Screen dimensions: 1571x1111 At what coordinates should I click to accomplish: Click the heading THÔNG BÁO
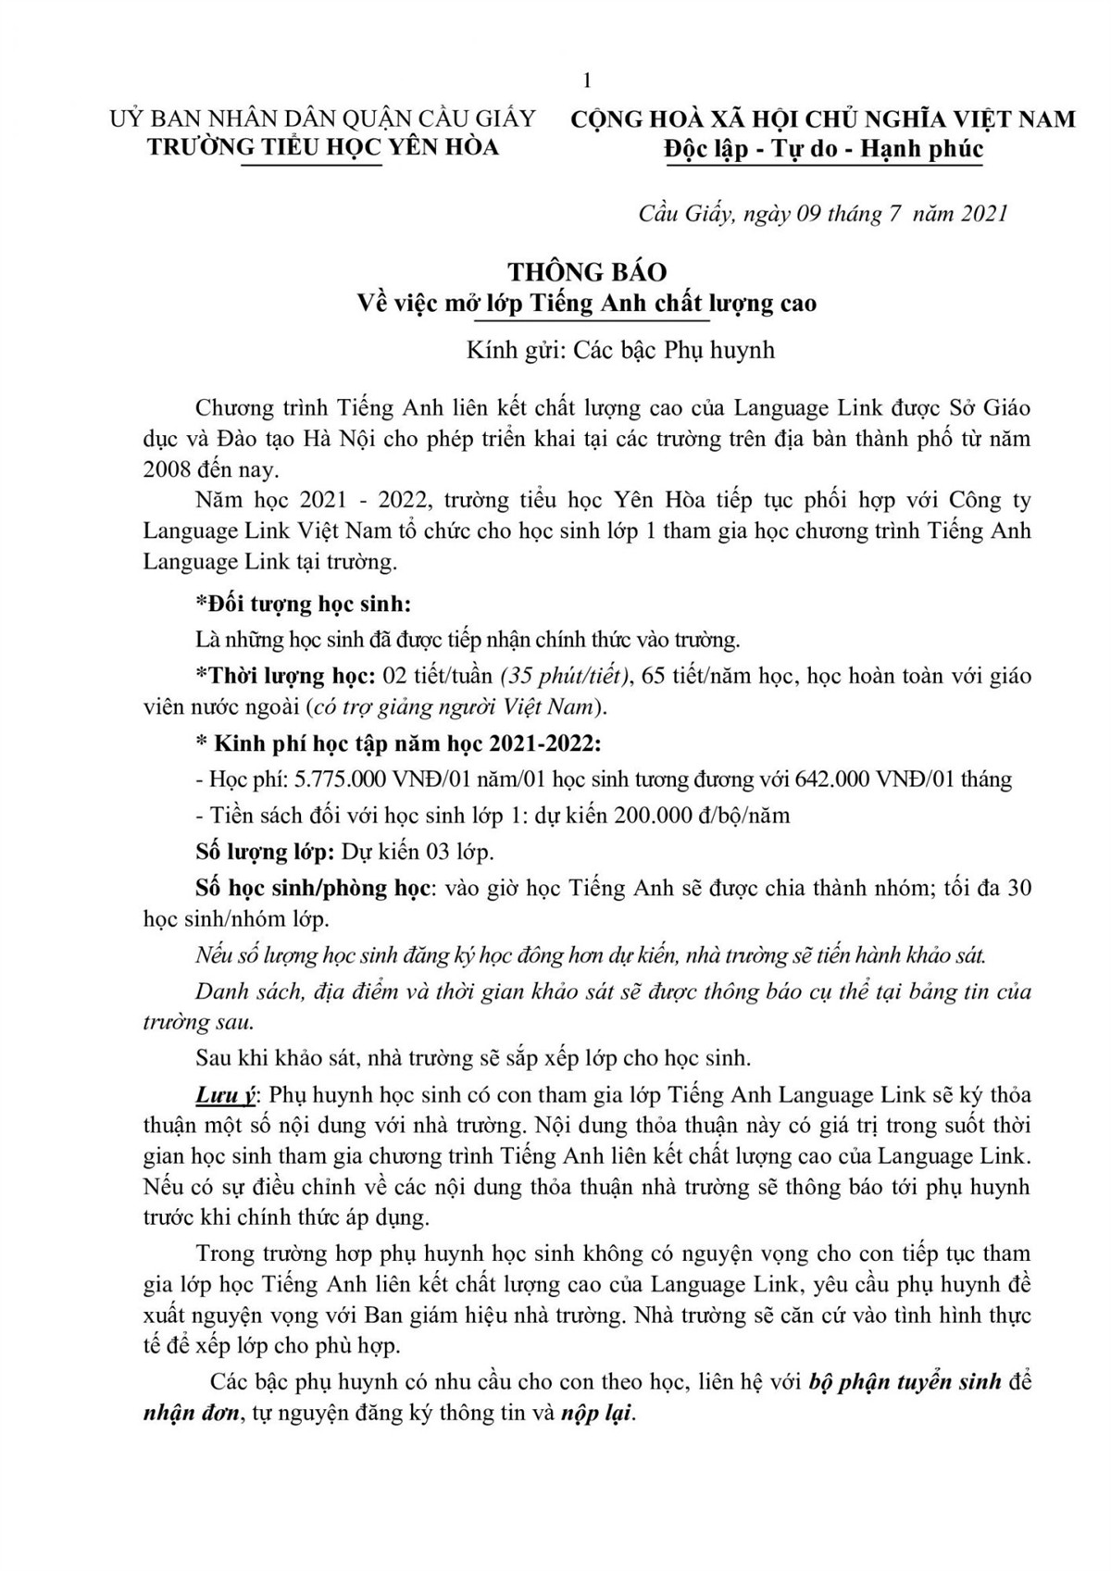[587, 272]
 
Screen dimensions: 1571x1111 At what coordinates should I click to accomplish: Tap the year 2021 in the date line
[984, 214]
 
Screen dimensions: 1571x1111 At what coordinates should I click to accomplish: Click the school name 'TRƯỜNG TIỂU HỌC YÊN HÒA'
[323, 147]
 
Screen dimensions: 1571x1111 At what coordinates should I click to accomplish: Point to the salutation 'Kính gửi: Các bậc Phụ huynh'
[620, 350]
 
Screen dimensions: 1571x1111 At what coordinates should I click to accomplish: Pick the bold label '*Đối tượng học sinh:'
[304, 604]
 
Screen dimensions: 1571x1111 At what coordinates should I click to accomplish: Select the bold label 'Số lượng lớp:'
[265, 851]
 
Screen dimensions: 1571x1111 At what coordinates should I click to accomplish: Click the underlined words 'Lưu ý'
[225, 1094]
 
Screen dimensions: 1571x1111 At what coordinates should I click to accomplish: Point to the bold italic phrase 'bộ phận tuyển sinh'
[905, 1382]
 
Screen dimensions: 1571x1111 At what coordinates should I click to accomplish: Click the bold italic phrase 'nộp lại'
[598, 1415]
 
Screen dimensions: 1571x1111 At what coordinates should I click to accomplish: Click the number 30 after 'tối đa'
[1018, 887]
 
